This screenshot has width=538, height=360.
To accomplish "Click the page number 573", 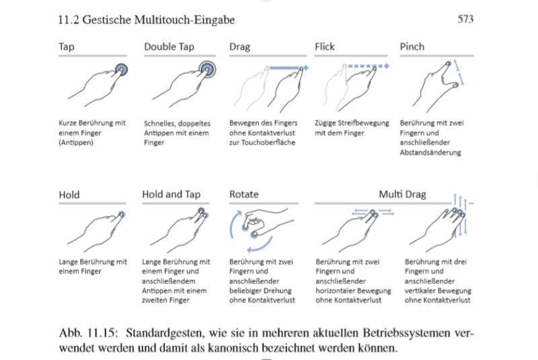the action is pyautogui.click(x=465, y=19).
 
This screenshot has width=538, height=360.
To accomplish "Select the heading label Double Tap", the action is pyautogui.click(x=169, y=46).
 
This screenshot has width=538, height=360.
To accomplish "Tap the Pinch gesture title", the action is pyautogui.click(x=412, y=46).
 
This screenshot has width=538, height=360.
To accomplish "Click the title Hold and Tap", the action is pyautogui.click(x=171, y=194).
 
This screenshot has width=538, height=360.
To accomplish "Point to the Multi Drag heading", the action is pyautogui.click(x=402, y=194).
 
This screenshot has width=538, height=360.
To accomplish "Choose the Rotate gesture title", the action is pyautogui.click(x=244, y=194).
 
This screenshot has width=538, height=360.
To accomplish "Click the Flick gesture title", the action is pyautogui.click(x=325, y=46).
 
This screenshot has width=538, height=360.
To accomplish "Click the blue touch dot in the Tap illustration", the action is pyautogui.click(x=121, y=70).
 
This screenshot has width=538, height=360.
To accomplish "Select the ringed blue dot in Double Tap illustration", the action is pyautogui.click(x=207, y=69).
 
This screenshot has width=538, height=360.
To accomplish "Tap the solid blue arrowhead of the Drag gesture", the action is pyautogui.click(x=306, y=67).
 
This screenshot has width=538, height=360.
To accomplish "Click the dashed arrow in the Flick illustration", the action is pyautogui.click(x=369, y=66).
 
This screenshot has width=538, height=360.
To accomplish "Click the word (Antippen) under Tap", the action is pyautogui.click(x=76, y=143).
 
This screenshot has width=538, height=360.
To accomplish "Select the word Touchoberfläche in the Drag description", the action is pyautogui.click(x=268, y=143).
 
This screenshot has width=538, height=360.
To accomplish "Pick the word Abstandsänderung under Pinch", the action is pyautogui.click(x=430, y=152).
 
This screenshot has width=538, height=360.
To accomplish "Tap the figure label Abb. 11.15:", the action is pyautogui.click(x=89, y=333).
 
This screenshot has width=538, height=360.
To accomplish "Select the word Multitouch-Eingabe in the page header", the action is pyautogui.click(x=184, y=20).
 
